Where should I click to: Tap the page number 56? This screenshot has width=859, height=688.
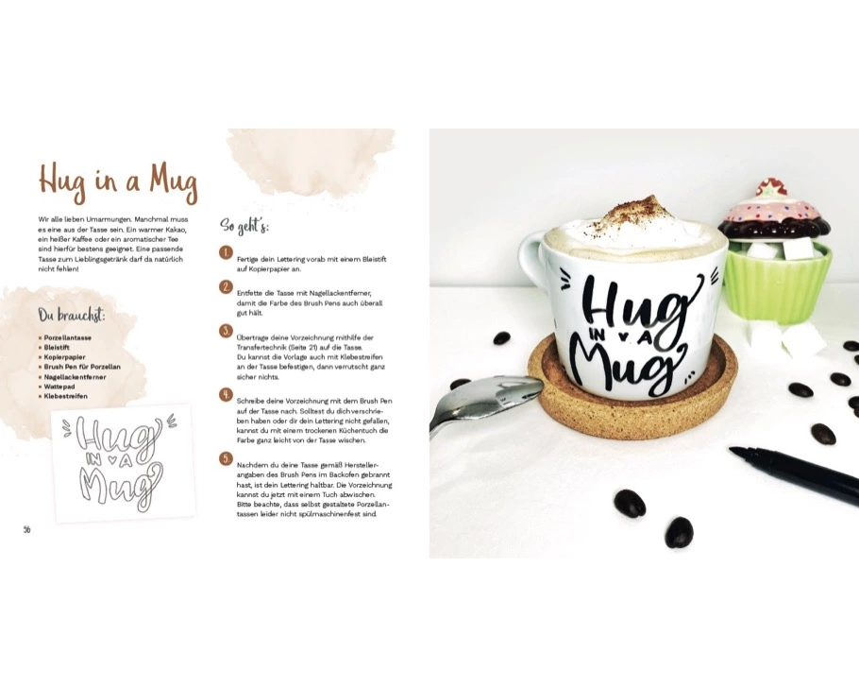(x=26, y=529)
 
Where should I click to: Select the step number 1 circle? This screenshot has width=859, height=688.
(x=226, y=253)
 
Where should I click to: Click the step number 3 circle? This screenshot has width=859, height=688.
(x=226, y=331)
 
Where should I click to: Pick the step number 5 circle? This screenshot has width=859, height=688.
(x=226, y=458)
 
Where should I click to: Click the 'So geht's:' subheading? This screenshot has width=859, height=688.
(x=244, y=226)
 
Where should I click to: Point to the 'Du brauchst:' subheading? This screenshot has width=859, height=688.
(x=72, y=316)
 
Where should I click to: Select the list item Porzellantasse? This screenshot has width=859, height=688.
(x=67, y=338)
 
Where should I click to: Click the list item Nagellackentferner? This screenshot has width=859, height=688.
(x=76, y=377)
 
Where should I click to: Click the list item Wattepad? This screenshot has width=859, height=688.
(x=59, y=387)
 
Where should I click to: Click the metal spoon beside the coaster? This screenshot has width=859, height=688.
(x=483, y=401)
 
